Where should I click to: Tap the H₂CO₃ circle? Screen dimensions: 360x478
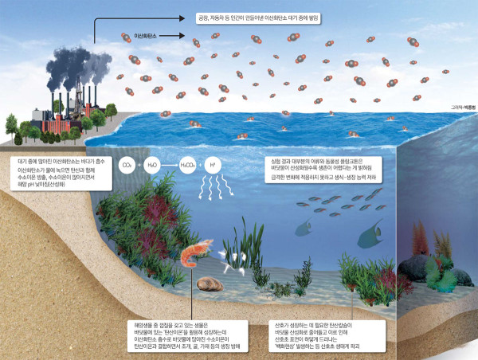click(184, 164)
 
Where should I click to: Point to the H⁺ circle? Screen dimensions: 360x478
click(211, 164)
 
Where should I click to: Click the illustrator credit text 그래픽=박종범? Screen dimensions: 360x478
click(457, 119)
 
